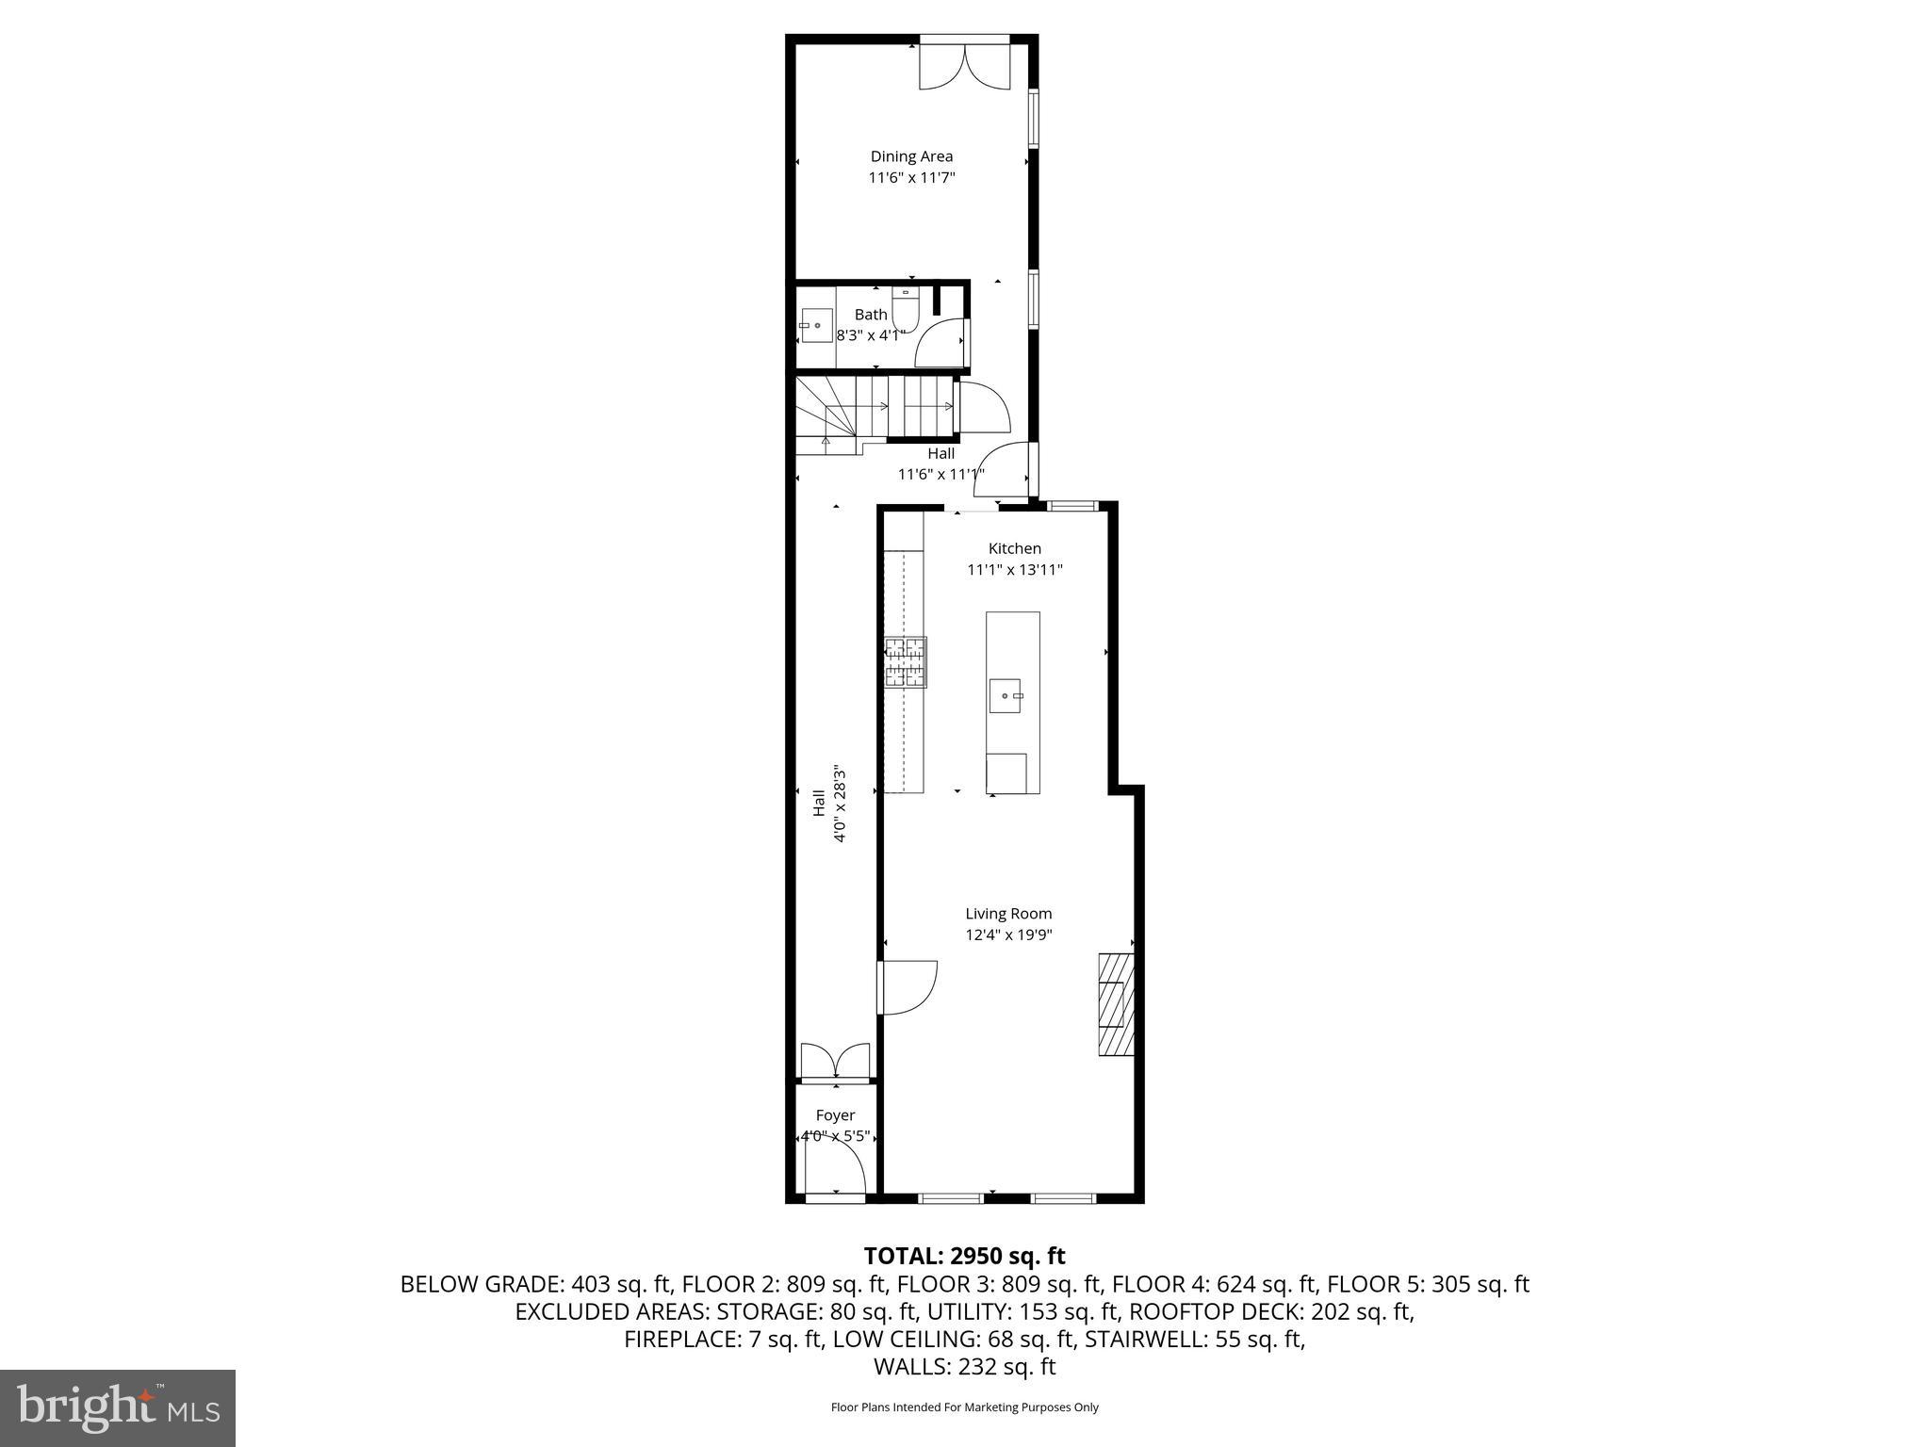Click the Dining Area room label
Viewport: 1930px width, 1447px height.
pyautogui.click(x=911, y=156)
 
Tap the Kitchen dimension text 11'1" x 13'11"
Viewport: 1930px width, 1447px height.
pyautogui.click(x=1014, y=569)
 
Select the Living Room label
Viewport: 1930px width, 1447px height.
pyautogui.click(x=1008, y=913)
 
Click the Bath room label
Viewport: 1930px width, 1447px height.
pyautogui.click(x=871, y=315)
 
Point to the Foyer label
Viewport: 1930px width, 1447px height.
pyautogui.click(x=835, y=1115)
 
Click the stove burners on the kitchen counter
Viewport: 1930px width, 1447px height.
pyautogui.click(x=906, y=661)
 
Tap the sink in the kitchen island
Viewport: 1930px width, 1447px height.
pyautogui.click(x=1006, y=695)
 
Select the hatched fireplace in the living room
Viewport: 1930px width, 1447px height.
pyautogui.click(x=1116, y=1004)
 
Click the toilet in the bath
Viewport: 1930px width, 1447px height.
pyautogui.click(x=905, y=311)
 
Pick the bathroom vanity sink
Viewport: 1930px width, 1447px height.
pyautogui.click(x=816, y=325)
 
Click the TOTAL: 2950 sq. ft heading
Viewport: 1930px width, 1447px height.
pyautogui.click(x=964, y=1256)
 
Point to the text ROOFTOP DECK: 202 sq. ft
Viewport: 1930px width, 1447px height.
pyautogui.click(x=1271, y=1311)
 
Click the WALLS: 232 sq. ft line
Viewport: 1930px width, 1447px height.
pyautogui.click(x=964, y=1366)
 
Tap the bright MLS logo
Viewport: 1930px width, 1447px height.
pyautogui.click(x=118, y=1407)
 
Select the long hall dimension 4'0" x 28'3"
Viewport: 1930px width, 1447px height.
pyautogui.click(x=841, y=803)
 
